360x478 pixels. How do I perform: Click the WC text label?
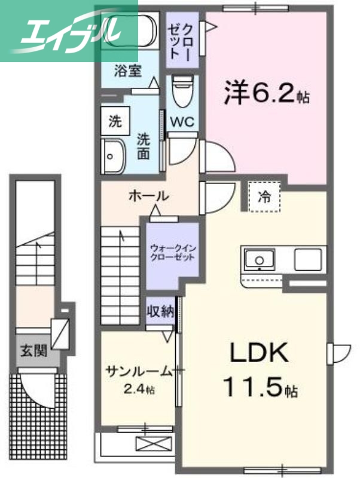[181, 121]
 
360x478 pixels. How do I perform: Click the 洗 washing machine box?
[114, 122]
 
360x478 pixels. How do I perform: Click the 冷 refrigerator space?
[264, 195]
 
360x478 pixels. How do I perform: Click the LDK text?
[260, 354]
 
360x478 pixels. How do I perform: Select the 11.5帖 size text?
[260, 389]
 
